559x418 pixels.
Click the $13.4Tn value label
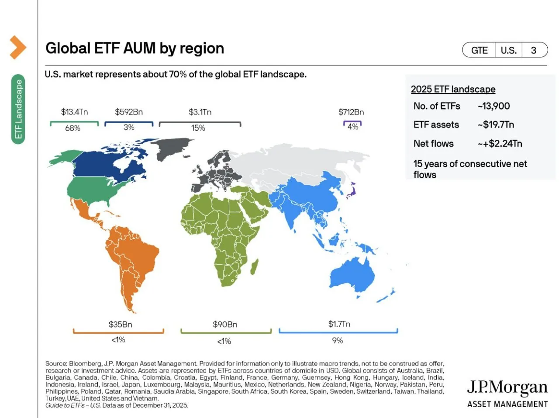74,112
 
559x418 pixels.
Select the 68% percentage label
72,128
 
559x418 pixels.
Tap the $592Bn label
129,112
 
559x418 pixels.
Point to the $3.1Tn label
200,112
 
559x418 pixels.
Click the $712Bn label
351,112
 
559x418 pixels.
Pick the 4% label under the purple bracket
353,127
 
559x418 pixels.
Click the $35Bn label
120,325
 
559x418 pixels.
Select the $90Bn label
225,325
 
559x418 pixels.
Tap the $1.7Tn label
339,324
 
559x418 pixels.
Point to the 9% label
338,341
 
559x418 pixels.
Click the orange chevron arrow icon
18,47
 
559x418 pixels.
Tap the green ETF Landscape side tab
18,109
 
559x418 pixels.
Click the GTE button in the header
479,50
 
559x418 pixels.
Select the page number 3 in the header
533,50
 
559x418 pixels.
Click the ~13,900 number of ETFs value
493,106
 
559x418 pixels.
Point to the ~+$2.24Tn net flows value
500,144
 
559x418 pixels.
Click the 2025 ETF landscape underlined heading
453,89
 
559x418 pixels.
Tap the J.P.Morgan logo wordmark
507,387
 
